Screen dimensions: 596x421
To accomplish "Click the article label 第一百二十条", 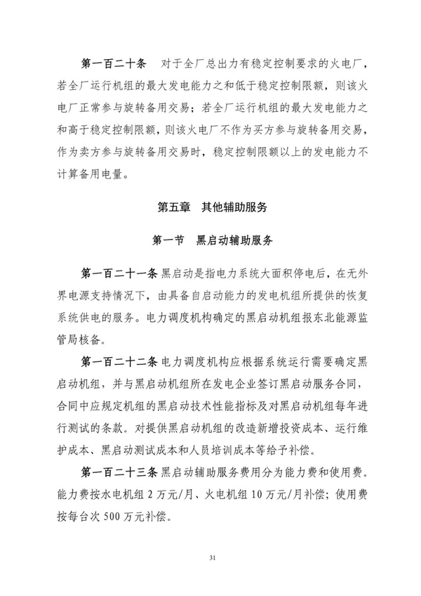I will tap(113, 65).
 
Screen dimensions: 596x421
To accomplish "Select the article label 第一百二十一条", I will tap(121, 272).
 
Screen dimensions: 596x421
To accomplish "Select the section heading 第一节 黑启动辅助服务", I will tap(210, 240).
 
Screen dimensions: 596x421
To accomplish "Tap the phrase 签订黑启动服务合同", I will tap(312, 385).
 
